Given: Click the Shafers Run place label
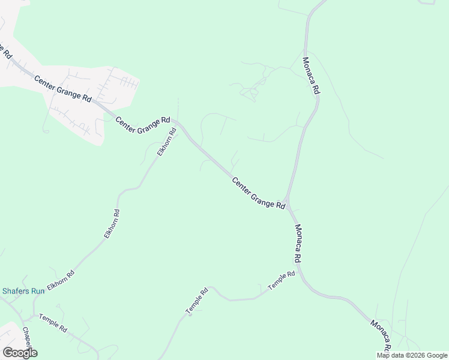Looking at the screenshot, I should pyautogui.click(x=23, y=291).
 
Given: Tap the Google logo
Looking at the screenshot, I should pyautogui.click(x=20, y=353).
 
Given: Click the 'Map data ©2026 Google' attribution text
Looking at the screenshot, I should pyautogui.click(x=412, y=355).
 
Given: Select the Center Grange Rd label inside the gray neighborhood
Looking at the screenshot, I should pyautogui.click(x=62, y=88).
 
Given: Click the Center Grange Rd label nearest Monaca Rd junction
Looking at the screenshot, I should pyautogui.click(x=258, y=193).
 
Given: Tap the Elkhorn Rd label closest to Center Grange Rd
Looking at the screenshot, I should pyautogui.click(x=166, y=142).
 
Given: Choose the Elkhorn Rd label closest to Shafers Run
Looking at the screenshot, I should pyautogui.click(x=61, y=281).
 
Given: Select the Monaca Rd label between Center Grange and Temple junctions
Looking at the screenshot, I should pyautogui.click(x=297, y=244).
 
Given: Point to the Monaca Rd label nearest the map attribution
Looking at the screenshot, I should pyautogui.click(x=381, y=335).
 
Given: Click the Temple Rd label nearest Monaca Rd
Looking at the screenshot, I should pyautogui.click(x=282, y=281).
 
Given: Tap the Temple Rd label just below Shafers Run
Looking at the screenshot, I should pyautogui.click(x=53, y=323).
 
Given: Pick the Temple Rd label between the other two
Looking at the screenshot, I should pyautogui.click(x=196, y=300).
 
